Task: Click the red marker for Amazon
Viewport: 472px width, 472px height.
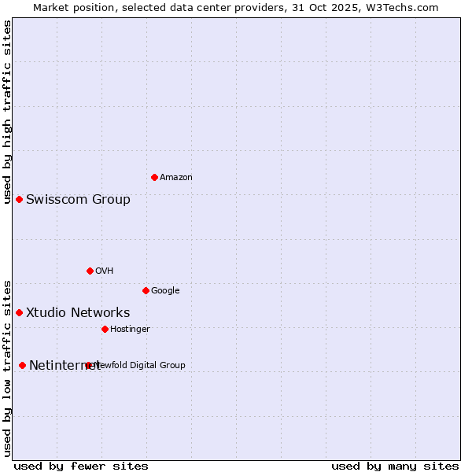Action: click(154, 177)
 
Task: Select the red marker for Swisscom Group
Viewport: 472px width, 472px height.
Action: click(19, 199)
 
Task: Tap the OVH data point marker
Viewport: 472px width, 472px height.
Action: click(90, 271)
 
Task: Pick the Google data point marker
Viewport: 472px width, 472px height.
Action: click(146, 290)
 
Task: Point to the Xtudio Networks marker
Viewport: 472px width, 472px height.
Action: click(19, 312)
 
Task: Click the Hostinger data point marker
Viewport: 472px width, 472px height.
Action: click(105, 329)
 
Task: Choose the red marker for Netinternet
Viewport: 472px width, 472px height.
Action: click(22, 365)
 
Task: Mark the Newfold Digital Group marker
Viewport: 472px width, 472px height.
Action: click(88, 365)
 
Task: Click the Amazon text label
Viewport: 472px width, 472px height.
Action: click(176, 178)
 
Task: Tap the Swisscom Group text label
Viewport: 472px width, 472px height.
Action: click(78, 199)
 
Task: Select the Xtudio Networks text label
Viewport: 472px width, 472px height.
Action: click(78, 312)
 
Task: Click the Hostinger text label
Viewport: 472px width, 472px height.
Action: click(130, 330)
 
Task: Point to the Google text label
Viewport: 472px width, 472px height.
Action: click(165, 291)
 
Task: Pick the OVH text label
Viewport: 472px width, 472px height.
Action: click(105, 271)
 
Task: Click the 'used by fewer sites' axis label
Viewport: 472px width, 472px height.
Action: click(81, 466)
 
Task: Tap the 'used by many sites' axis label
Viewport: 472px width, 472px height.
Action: click(395, 466)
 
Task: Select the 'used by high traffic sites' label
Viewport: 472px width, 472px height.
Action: click(8, 112)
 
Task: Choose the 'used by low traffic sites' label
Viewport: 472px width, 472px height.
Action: click(8, 367)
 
